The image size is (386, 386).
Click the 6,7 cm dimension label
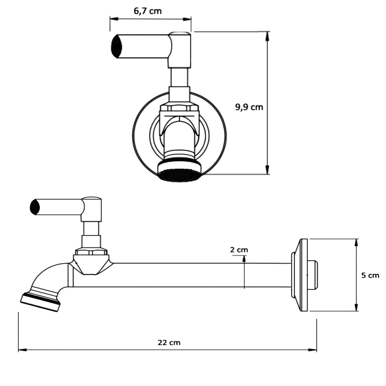[148, 11]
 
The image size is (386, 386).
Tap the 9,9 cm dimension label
[249, 107]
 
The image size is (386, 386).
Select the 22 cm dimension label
[169, 342]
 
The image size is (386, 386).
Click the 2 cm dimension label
[239, 250]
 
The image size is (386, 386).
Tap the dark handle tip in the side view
[35, 207]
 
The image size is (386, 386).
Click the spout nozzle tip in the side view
[40, 301]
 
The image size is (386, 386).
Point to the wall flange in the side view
[303, 275]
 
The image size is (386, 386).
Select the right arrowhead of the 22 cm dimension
[314, 350]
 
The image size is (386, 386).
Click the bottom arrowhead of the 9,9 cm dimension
[267, 171]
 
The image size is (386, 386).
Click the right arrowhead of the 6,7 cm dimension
[189, 18]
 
